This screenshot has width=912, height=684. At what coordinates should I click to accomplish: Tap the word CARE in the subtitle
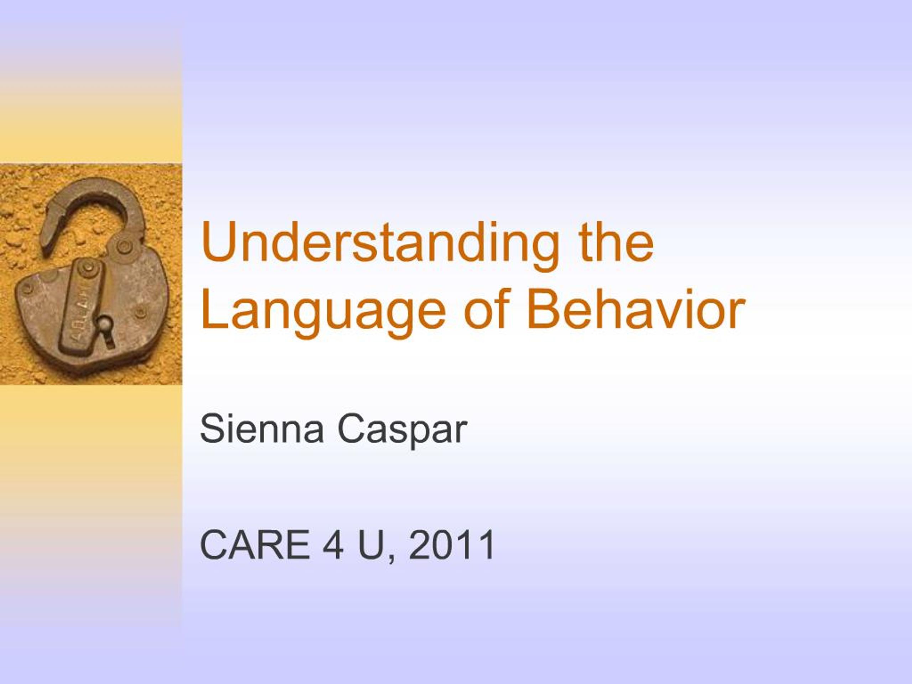[x=254, y=545]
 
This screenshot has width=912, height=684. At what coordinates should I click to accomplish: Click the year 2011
[x=452, y=545]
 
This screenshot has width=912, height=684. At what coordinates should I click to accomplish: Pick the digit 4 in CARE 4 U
[x=333, y=545]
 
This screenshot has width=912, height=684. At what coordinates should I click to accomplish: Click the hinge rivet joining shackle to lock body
[x=123, y=247]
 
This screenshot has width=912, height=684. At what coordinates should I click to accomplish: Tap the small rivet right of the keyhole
[x=140, y=312]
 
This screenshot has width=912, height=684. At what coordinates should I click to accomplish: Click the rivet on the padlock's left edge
[x=27, y=288]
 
